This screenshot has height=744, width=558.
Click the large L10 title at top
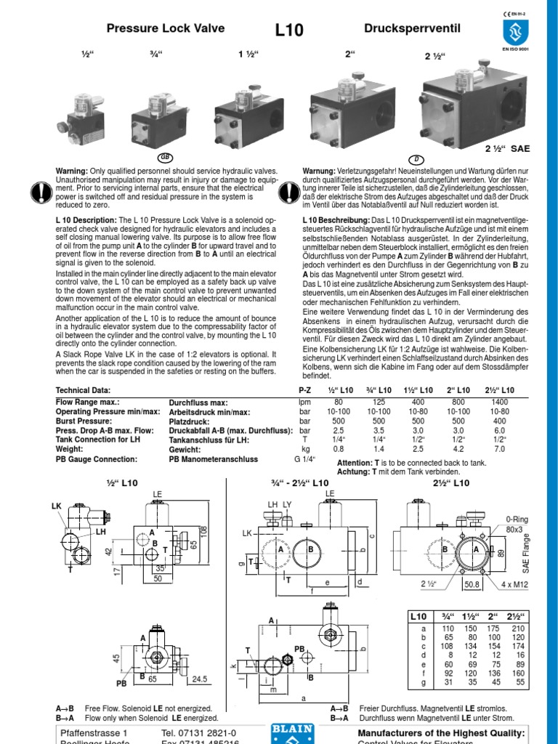click(289, 31)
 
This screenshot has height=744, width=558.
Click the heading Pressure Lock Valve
click(166, 29)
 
